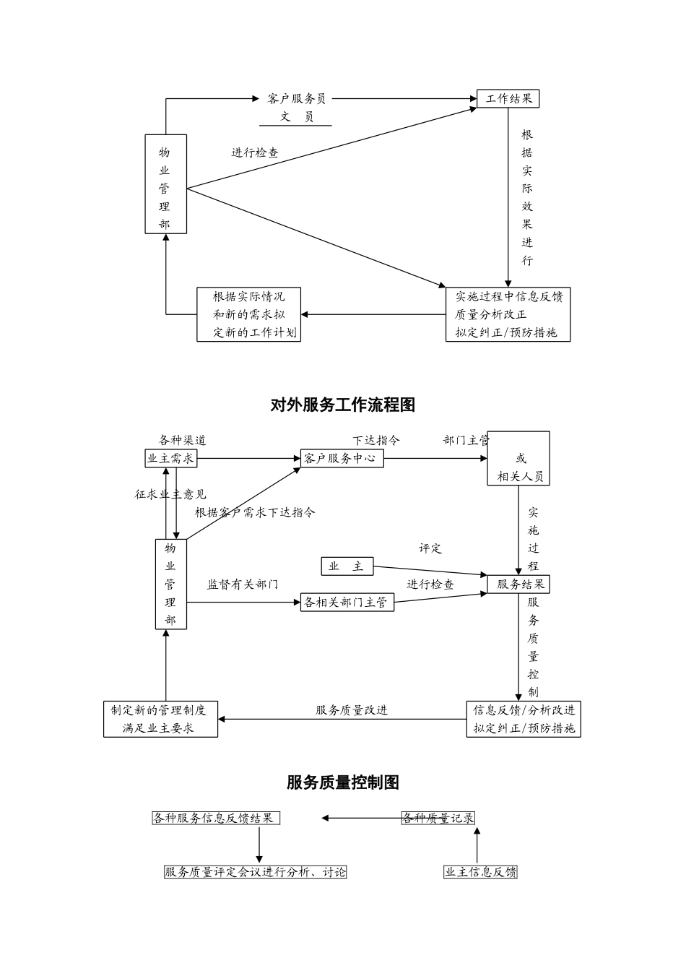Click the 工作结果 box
point(508,98)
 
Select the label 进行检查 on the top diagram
point(255,152)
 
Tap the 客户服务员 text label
point(297,98)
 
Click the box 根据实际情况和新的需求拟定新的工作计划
point(248,314)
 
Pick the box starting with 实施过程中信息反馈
point(508,314)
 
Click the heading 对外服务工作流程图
point(343,405)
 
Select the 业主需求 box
point(170,458)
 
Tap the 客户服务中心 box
point(342,458)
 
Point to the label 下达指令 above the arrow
point(376,440)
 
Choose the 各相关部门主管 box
point(347,602)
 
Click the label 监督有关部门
point(243,584)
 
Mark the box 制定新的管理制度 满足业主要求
point(160,719)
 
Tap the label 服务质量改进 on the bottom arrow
point(352,710)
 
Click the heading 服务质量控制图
point(343,782)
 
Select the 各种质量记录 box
point(438,818)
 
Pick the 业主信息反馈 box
point(480,872)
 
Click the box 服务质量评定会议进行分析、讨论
point(256,872)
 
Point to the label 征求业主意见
point(170,494)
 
